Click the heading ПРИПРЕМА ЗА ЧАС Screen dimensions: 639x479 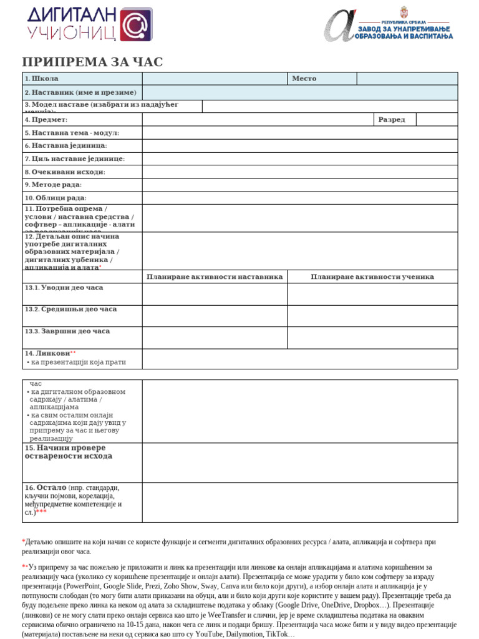pos(92,62)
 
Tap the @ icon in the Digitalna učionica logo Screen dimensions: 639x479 pos(135,25)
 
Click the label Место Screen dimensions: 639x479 pos(304,79)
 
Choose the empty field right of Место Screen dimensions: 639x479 pos(407,79)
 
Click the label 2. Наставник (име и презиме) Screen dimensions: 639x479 pos(80,92)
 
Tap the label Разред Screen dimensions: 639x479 pos(391,119)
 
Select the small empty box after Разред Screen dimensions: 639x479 pos(436,119)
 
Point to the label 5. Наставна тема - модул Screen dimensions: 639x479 pos(72,133)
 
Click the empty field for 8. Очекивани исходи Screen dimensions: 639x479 pos(299,172)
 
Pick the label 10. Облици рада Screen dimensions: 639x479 pos(56,198)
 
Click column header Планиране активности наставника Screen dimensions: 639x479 pos(215,276)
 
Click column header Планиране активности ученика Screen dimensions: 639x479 pos(372,276)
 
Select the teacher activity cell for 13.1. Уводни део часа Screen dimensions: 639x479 pos(215,294)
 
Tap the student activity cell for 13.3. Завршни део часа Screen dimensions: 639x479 pos(372,338)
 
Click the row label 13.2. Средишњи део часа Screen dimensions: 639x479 pos(70,309)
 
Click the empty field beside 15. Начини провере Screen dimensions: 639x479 pos(299,462)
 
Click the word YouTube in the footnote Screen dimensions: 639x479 pos(211,634)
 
